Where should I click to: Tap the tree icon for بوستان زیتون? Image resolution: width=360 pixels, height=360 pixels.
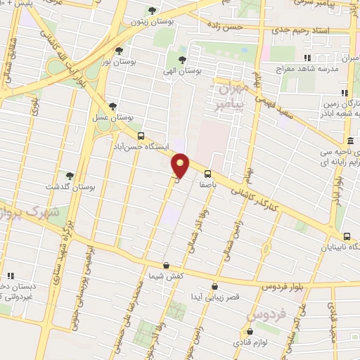[x=153, y=10]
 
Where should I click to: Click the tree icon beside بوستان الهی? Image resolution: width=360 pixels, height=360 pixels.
[x=182, y=60]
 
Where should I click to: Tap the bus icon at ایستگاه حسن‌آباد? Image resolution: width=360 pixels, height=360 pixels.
[x=141, y=136]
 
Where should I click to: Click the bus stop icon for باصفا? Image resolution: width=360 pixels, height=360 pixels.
[x=207, y=174]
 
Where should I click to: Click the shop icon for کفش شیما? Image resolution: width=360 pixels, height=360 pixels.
[x=165, y=266]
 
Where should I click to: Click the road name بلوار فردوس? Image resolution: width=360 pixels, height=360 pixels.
[x=288, y=287]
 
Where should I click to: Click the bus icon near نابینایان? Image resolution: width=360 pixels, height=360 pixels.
[x=347, y=236]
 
